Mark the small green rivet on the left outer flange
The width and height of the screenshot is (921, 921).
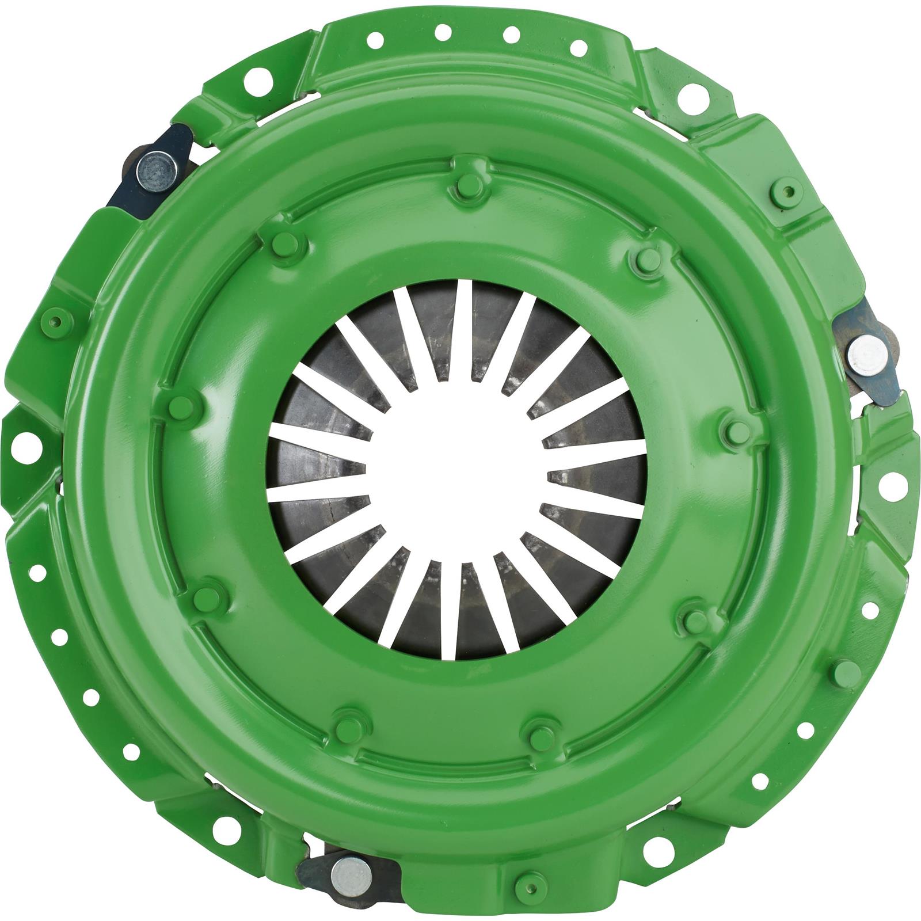(x=56, y=321)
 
